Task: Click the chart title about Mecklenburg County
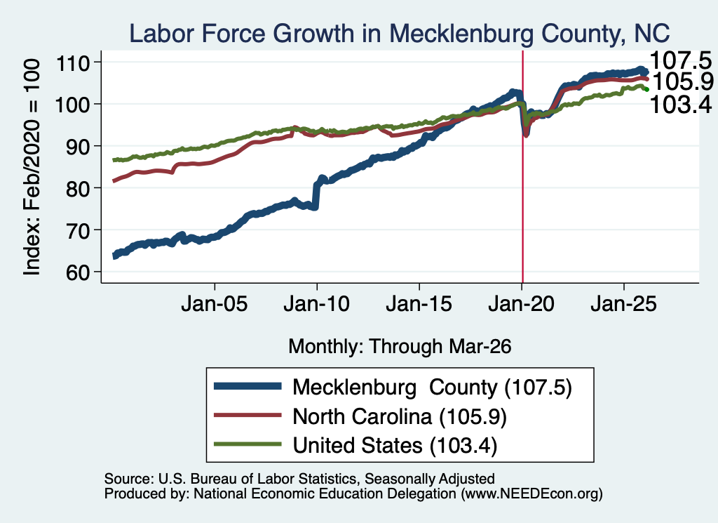[x=399, y=34]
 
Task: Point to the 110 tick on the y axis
[x=72, y=62]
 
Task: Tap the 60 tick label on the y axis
[x=78, y=272]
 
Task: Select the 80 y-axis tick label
[x=78, y=188]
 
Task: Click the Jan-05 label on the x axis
[x=215, y=304]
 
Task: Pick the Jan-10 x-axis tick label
[x=316, y=304]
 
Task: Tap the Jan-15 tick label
[x=419, y=304]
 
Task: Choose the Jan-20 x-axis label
[x=521, y=304]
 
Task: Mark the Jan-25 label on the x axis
[x=623, y=304]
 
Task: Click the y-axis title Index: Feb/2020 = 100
[x=32, y=167]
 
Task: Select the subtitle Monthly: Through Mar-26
[x=400, y=347]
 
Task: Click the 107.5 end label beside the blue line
[x=680, y=60]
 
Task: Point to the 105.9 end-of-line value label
[x=683, y=82]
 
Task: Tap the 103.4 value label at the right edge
[x=680, y=105]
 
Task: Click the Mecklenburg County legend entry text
[x=432, y=388]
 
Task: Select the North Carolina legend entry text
[x=400, y=417]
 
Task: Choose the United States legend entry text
[x=395, y=446]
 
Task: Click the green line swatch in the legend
[x=248, y=444]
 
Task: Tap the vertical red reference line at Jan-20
[x=522, y=167]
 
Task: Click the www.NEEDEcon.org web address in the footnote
[x=531, y=494]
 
